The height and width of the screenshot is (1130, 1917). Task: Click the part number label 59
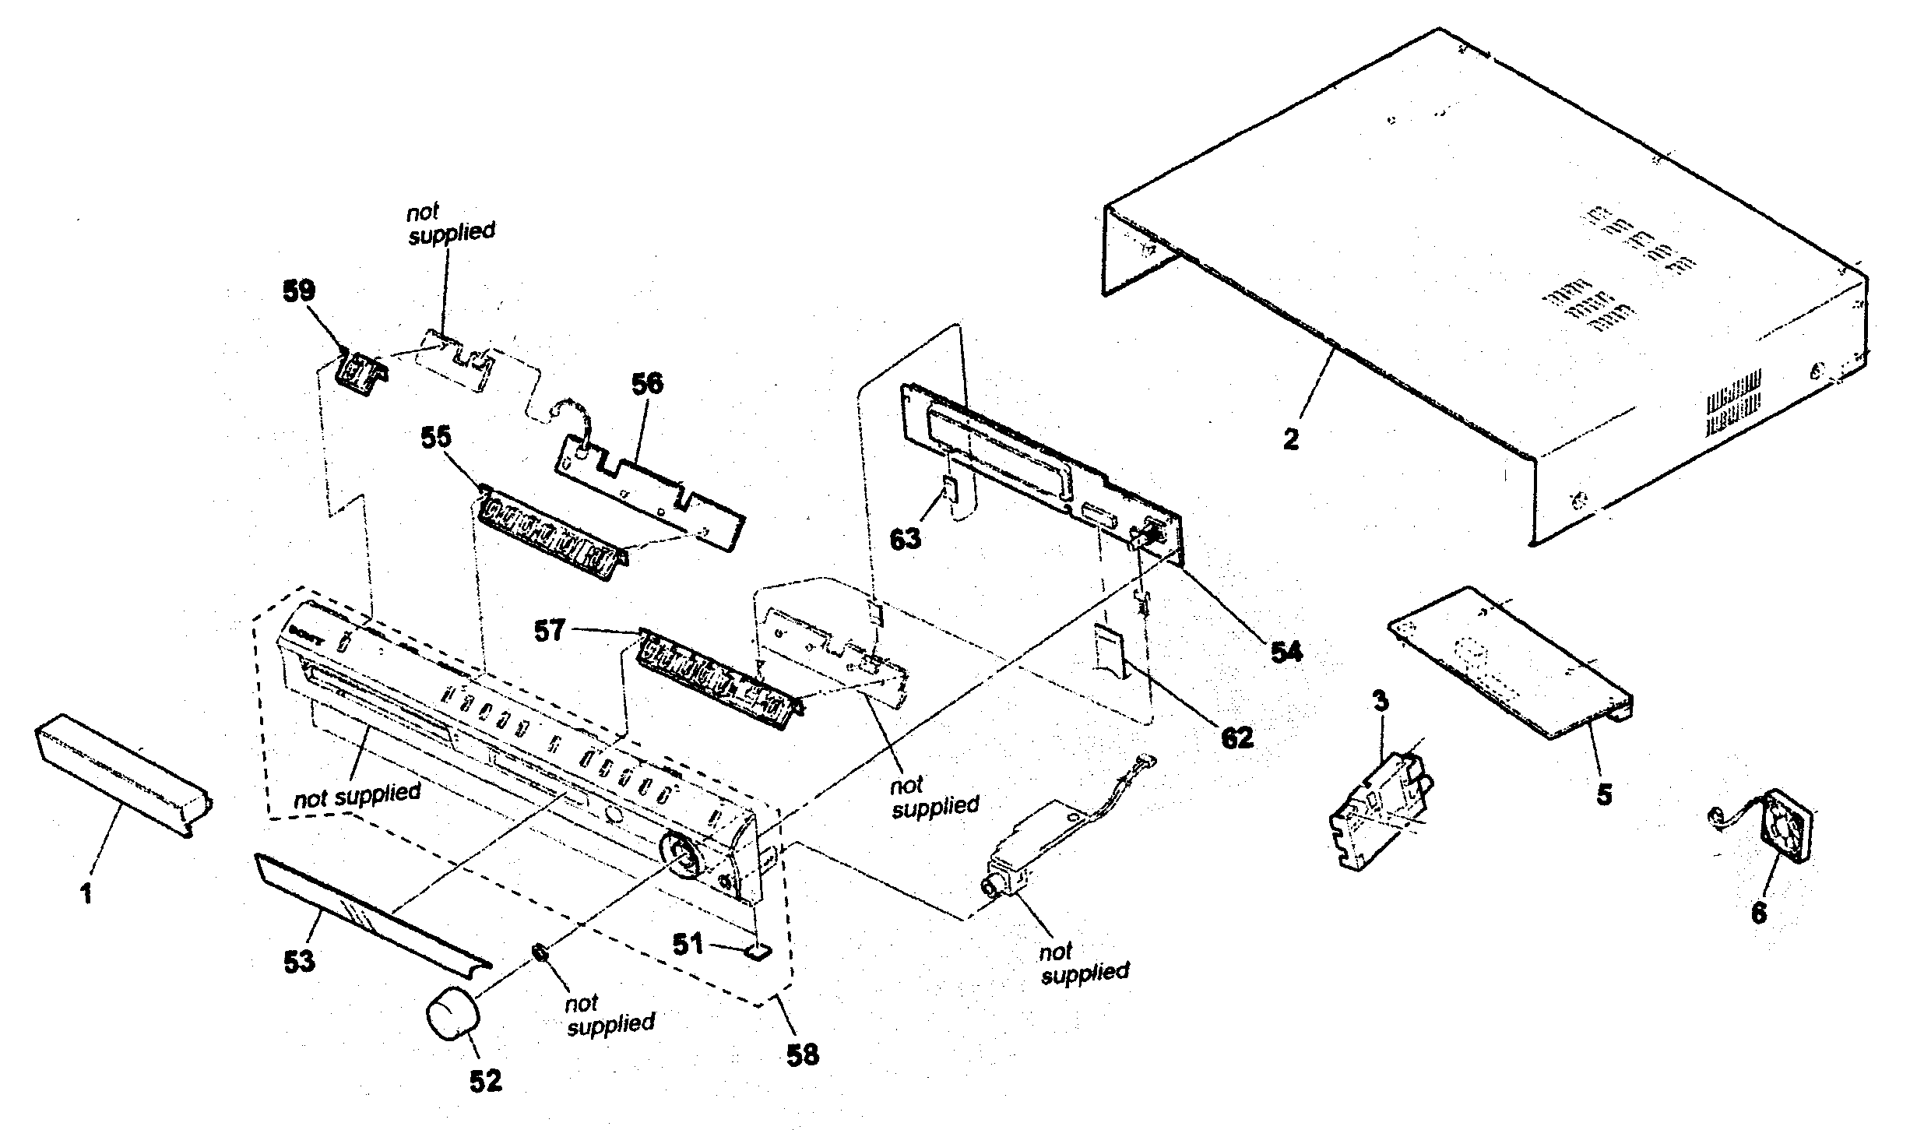click(299, 292)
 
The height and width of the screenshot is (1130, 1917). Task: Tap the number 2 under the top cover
click(1291, 440)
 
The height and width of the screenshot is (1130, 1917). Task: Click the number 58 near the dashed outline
click(803, 1054)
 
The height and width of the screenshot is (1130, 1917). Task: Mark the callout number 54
click(1286, 652)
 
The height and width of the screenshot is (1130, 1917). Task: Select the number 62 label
click(1238, 737)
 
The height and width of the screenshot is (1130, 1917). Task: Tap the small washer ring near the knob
click(538, 952)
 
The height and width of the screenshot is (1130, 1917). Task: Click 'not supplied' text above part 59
click(450, 222)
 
